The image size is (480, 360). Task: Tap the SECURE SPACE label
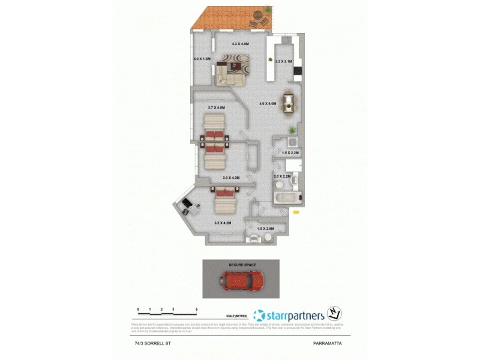click(241, 265)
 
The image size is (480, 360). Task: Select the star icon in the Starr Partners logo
click(259, 315)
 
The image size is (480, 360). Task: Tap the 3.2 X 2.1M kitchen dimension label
click(283, 61)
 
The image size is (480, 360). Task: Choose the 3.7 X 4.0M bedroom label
click(216, 107)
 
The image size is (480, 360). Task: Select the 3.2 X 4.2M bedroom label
click(223, 223)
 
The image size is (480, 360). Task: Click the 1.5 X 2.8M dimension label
click(265, 229)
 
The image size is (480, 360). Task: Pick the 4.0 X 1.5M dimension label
click(202, 59)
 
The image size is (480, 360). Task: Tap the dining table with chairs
click(289, 101)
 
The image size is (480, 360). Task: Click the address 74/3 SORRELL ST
click(150, 343)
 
